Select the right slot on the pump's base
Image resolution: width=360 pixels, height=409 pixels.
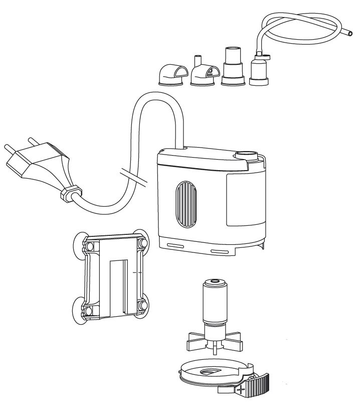pyautogui.click(x=222, y=251)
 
